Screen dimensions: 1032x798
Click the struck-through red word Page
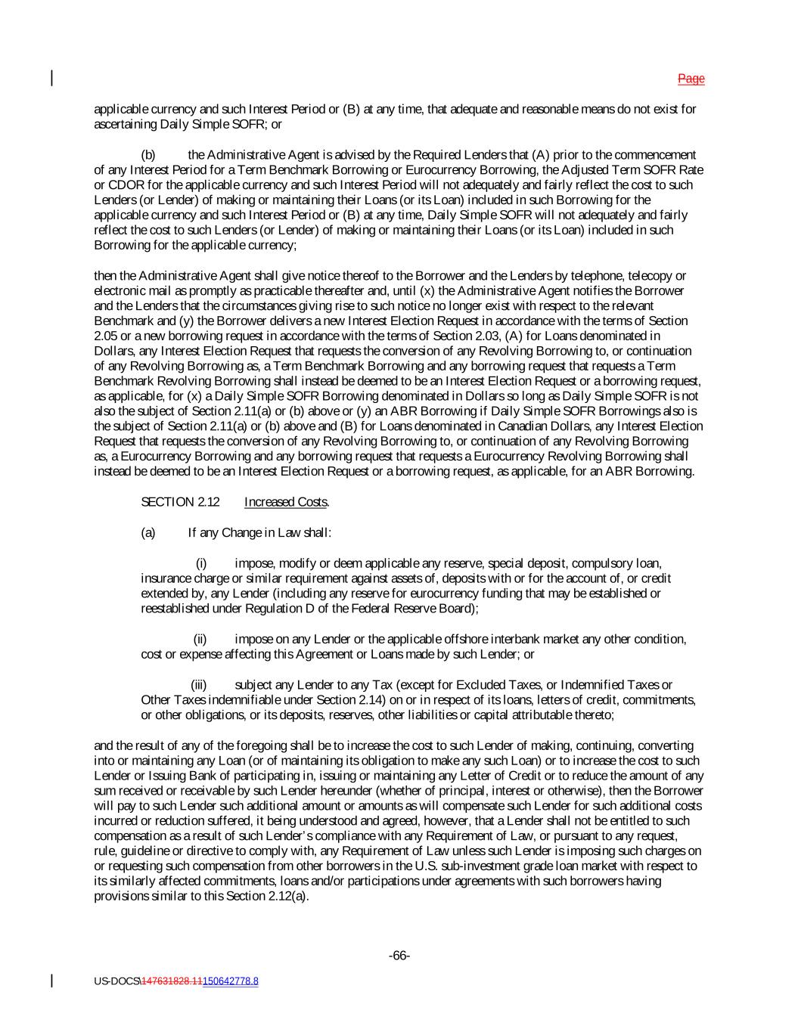[691, 79]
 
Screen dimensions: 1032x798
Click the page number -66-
[399, 956]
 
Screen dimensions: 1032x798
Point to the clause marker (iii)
[198, 685]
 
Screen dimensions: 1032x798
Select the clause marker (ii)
[200, 640]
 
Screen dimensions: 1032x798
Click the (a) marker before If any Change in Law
[148, 532]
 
